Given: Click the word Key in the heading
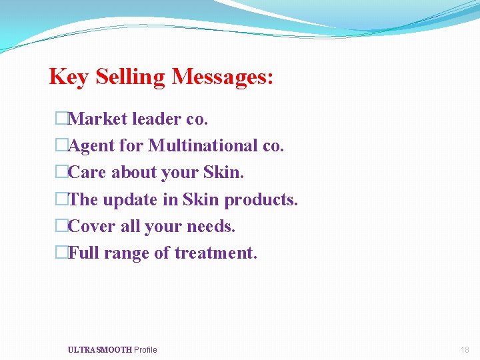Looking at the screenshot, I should (69, 77).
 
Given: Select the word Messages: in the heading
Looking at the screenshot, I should (223, 77).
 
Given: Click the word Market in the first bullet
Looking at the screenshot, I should (98, 119).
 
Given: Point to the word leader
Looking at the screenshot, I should (157, 119).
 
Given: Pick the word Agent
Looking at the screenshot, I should (93, 145).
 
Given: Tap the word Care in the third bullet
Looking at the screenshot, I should (87, 172).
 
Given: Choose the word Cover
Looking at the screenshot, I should (92, 226).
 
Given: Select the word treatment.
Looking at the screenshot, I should (215, 253).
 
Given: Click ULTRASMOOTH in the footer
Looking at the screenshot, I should (99, 350).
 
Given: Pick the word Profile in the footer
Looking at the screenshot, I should (145, 350).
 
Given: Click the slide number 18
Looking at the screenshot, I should (465, 350).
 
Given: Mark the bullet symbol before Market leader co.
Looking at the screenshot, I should (61, 119).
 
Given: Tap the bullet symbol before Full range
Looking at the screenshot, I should (61, 253).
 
